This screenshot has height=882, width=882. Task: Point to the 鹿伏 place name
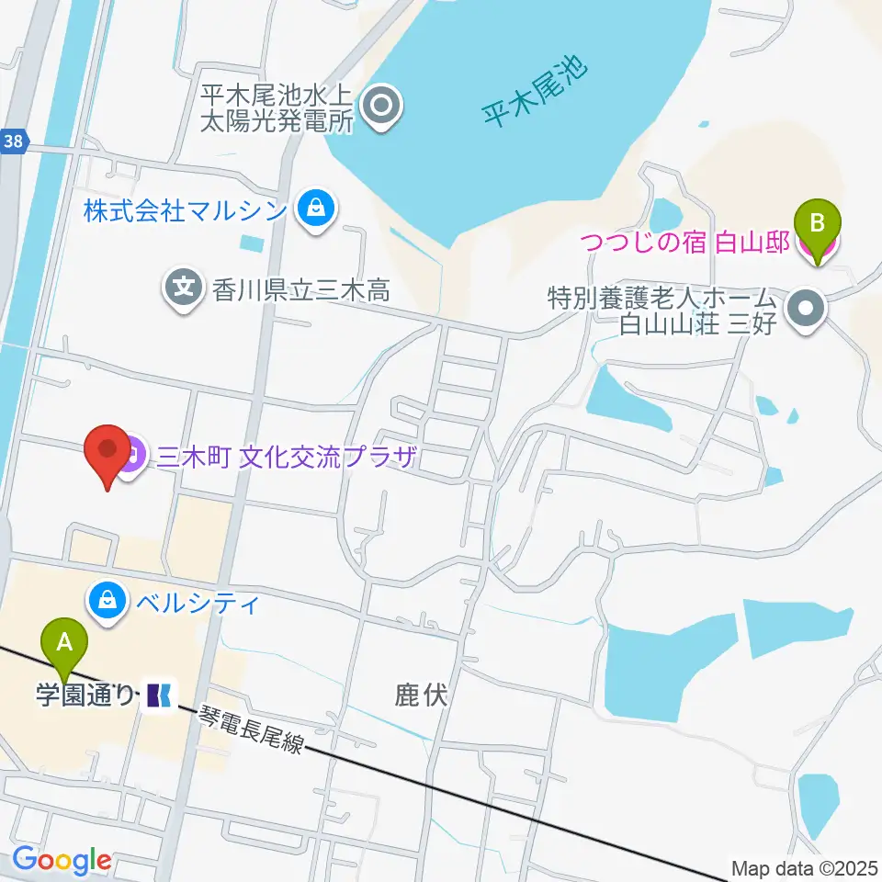tap(421, 695)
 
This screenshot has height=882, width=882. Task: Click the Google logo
tap(62, 860)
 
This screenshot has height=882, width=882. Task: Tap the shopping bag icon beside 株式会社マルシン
tap(315, 210)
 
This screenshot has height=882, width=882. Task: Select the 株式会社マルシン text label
tap(186, 211)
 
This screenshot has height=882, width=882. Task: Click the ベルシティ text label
tap(195, 603)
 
